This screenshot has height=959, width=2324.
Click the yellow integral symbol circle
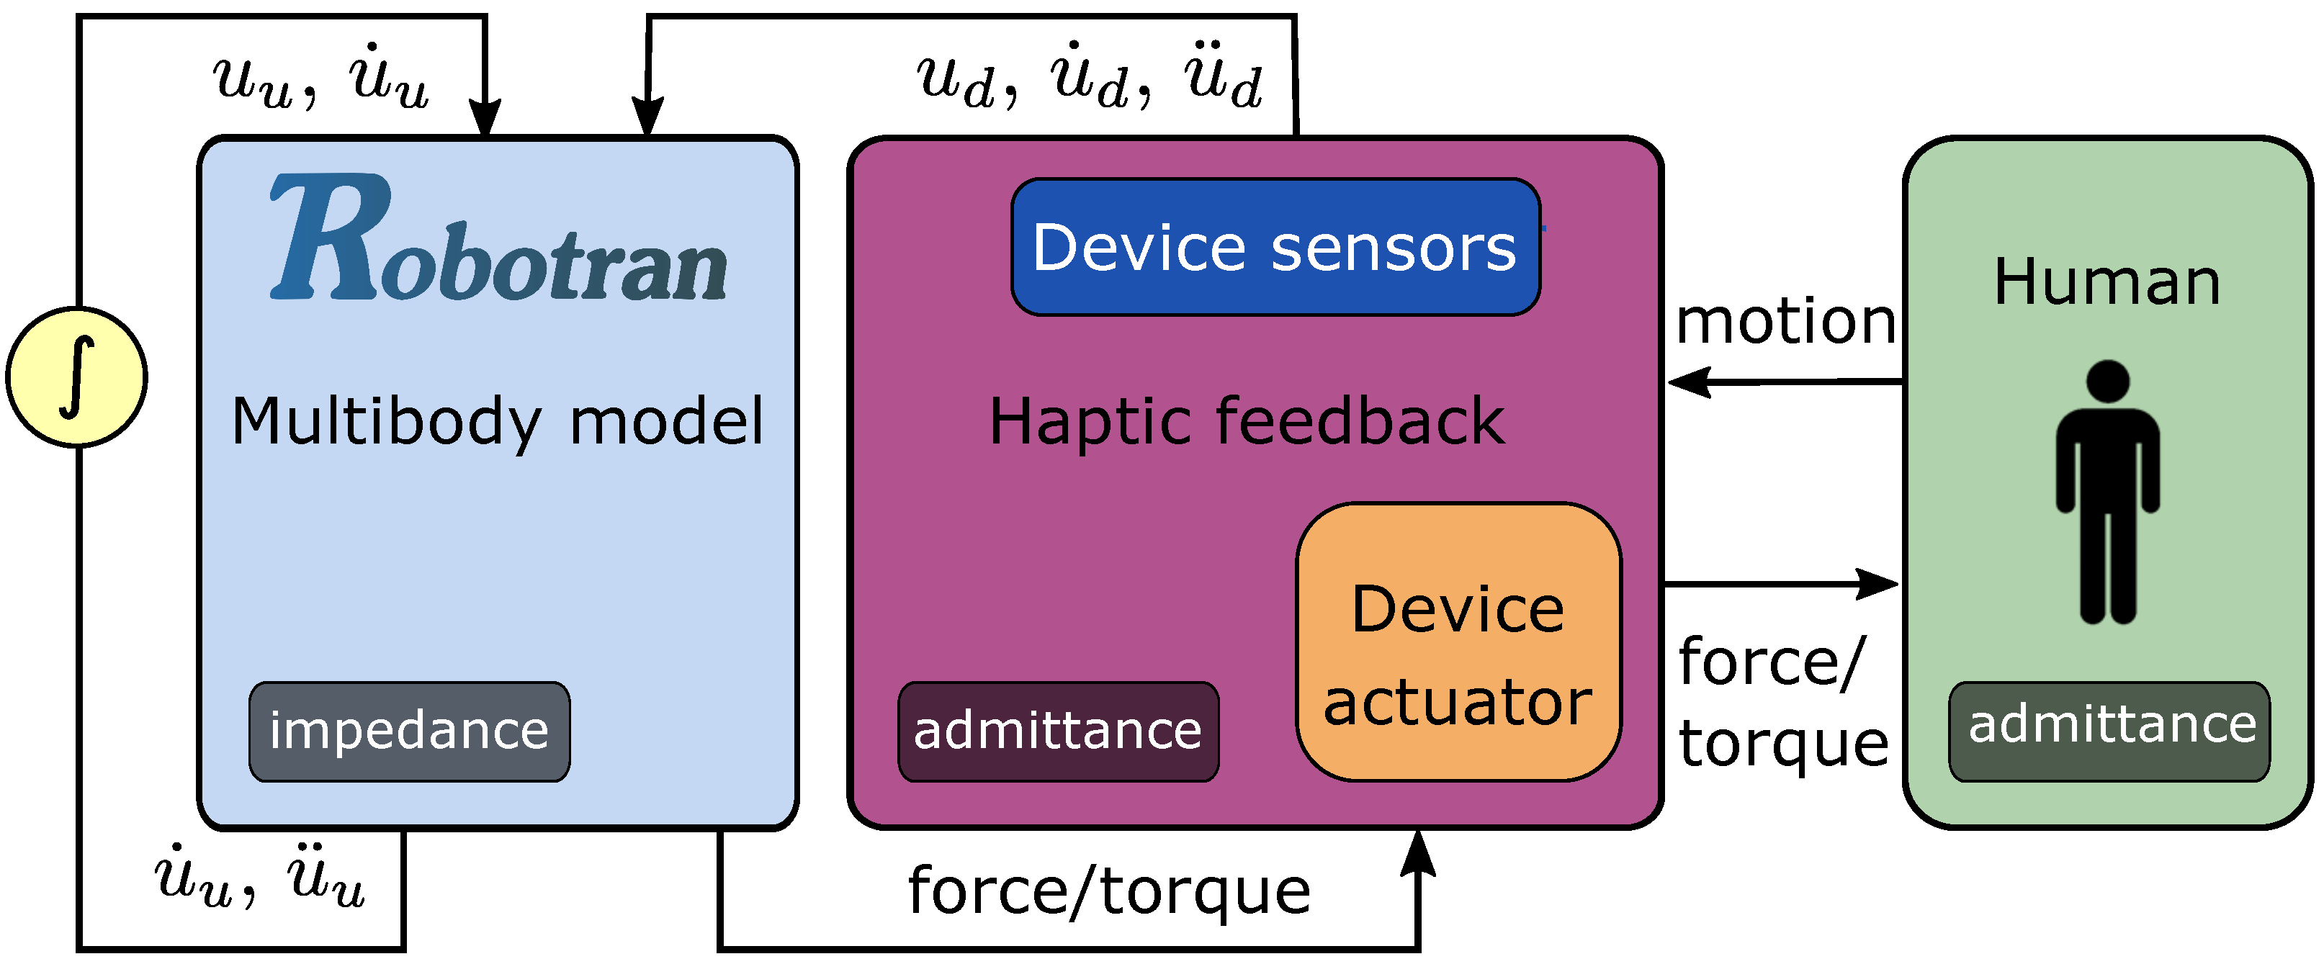pos(76,377)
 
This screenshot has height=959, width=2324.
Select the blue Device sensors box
pos(1275,247)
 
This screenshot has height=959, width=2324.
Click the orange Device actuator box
pos(1458,642)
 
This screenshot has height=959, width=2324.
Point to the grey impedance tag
pos(410,731)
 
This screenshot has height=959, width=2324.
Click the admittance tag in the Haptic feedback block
pos(1057,731)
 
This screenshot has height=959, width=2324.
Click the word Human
pos(2107,282)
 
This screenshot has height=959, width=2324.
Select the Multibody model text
pos(497,422)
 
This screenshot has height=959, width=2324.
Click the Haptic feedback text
pos(1246,422)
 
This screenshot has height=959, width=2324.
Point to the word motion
pos(1785,322)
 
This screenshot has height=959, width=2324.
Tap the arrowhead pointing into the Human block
pos(1880,584)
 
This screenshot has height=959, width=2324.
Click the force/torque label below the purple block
pos(1109,892)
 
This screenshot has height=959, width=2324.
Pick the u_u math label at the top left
pos(320,78)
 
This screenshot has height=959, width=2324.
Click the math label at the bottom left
pos(260,877)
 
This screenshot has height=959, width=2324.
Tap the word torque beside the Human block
pos(1784,745)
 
